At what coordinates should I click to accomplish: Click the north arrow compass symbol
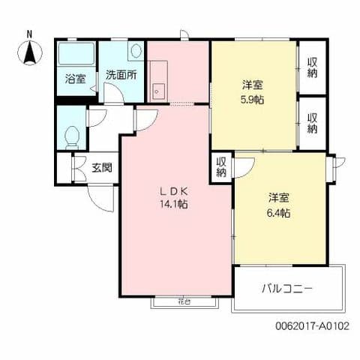[29, 52]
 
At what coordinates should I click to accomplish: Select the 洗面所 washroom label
[120, 75]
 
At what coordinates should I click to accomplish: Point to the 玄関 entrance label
[102, 167]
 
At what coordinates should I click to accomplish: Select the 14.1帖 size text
[172, 203]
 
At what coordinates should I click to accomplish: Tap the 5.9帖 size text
[252, 99]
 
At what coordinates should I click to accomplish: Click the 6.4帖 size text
[280, 212]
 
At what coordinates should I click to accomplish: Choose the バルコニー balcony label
[287, 287]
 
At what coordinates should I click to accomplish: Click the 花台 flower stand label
[184, 301]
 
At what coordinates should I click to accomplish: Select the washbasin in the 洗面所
[135, 52]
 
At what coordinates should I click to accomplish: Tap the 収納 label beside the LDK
[222, 166]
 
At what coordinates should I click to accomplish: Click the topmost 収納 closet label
[313, 67]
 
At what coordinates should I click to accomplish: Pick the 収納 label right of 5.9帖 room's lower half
[313, 123]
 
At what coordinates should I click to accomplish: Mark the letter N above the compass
[29, 34]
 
